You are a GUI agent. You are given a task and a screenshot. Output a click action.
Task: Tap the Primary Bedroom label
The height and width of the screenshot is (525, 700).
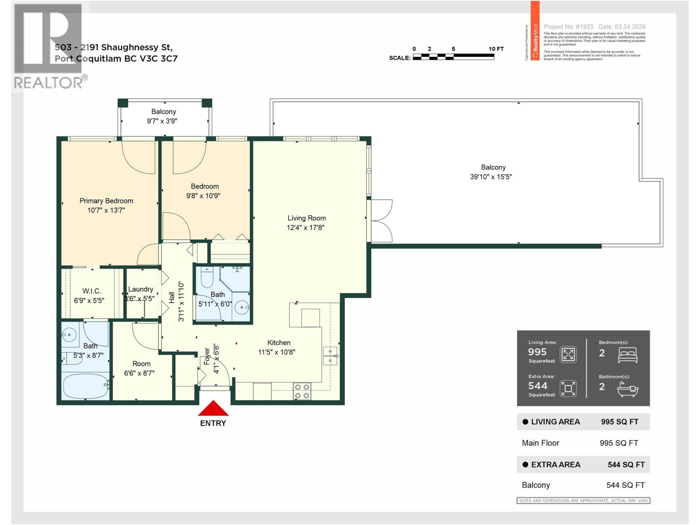pyautogui.click(x=106, y=201)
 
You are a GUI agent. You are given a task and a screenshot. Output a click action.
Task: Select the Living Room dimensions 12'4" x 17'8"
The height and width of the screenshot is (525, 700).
pyautogui.click(x=305, y=227)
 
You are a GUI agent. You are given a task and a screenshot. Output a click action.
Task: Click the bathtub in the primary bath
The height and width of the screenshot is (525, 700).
pyautogui.click(x=86, y=386)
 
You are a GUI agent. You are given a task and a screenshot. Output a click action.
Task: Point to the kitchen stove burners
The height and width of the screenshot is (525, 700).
pyautogui.click(x=301, y=391)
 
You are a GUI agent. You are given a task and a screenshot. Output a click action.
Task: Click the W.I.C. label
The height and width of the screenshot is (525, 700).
pyautogui.click(x=91, y=291)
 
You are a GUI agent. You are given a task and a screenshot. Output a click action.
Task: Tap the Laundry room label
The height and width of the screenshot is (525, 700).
pyautogui.click(x=140, y=289)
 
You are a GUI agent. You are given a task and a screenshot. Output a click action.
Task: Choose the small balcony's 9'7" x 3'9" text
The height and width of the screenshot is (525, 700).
pyautogui.click(x=162, y=121)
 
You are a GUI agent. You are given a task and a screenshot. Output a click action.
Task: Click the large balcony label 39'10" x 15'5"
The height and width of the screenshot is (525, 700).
pyautogui.click(x=491, y=177)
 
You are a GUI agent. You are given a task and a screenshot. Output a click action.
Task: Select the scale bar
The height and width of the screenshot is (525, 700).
pyautogui.click(x=453, y=57)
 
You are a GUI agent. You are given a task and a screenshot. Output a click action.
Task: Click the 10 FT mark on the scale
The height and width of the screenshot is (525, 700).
pyautogui.click(x=496, y=49)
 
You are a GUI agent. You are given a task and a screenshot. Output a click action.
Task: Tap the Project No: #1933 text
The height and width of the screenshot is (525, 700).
pyautogui.click(x=568, y=27)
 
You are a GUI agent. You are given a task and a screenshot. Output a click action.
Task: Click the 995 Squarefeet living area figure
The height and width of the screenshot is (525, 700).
pyautogui.click(x=537, y=352)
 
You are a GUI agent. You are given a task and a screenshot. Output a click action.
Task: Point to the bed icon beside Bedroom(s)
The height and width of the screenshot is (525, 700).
pyautogui.click(x=627, y=355)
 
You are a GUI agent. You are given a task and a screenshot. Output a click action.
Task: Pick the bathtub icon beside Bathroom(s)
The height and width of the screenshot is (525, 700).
pyautogui.click(x=627, y=389)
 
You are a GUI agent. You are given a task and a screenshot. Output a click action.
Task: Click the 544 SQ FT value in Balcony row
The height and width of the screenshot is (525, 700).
pyautogui.click(x=625, y=485)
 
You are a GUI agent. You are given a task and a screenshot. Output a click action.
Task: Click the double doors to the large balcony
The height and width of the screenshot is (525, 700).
pyautogui.click(x=381, y=221)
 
